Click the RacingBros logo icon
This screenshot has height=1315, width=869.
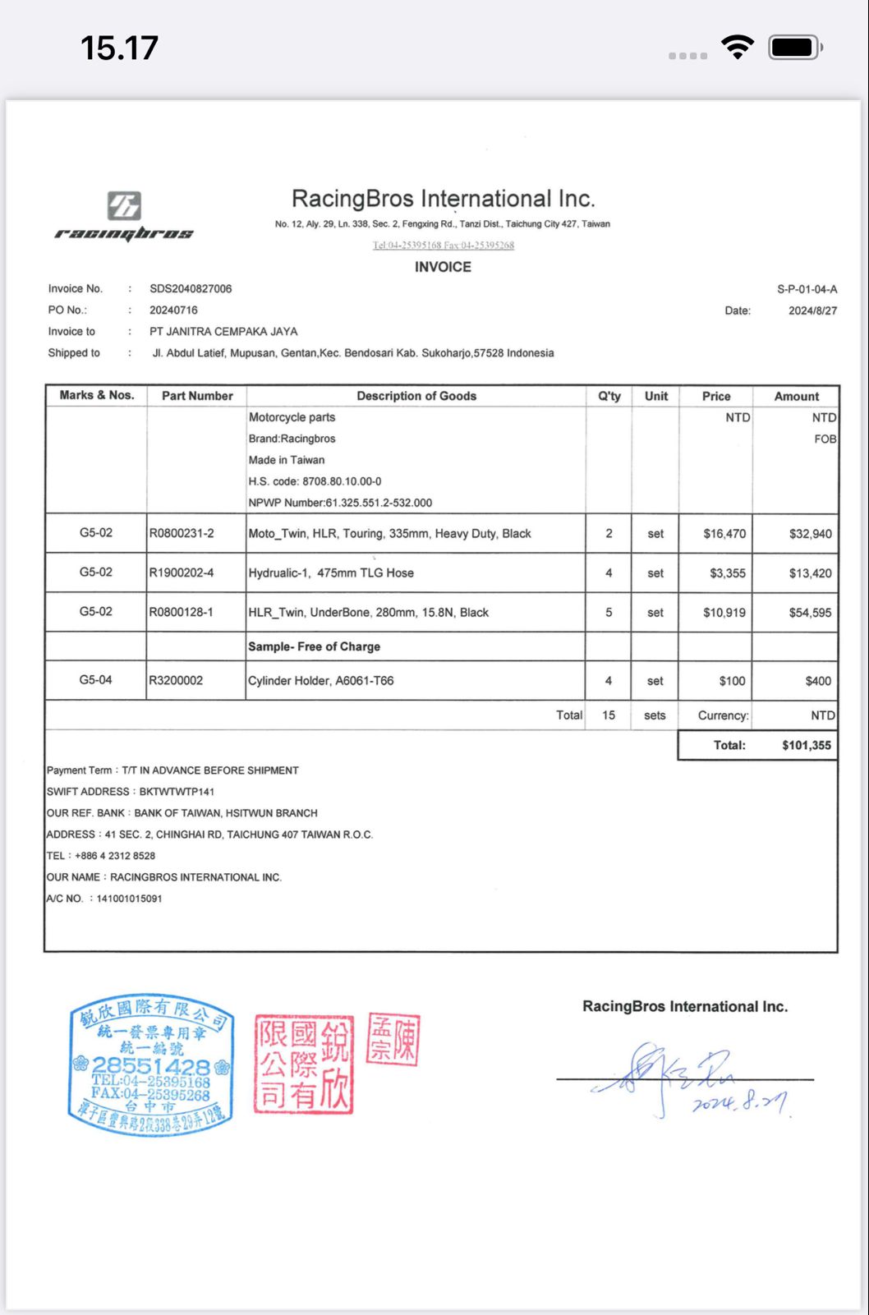pos(124,205)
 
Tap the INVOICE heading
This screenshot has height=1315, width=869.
pos(443,267)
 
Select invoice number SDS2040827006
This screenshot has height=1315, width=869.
pos(191,289)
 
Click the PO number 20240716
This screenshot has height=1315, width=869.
pos(173,310)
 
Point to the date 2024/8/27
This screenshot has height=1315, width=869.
pos(812,311)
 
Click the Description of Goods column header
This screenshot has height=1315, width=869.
pos(416,396)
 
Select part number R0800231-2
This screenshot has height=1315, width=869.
pos(182,534)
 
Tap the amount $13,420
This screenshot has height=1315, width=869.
pos(810,573)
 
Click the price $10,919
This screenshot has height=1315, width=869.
pos(724,613)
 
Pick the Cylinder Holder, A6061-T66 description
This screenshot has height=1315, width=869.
pos(321,681)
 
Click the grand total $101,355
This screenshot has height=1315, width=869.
pos(806,746)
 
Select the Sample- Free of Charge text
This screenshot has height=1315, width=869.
pos(315,647)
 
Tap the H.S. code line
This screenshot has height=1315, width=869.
pos(315,481)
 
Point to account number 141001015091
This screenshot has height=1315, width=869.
pos(129,899)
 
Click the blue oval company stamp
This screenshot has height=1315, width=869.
pos(151,1065)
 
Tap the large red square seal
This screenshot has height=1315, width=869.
pos(303,1064)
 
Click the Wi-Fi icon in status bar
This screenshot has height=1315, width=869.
pos(738,47)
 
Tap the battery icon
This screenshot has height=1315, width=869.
pos(794,48)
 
